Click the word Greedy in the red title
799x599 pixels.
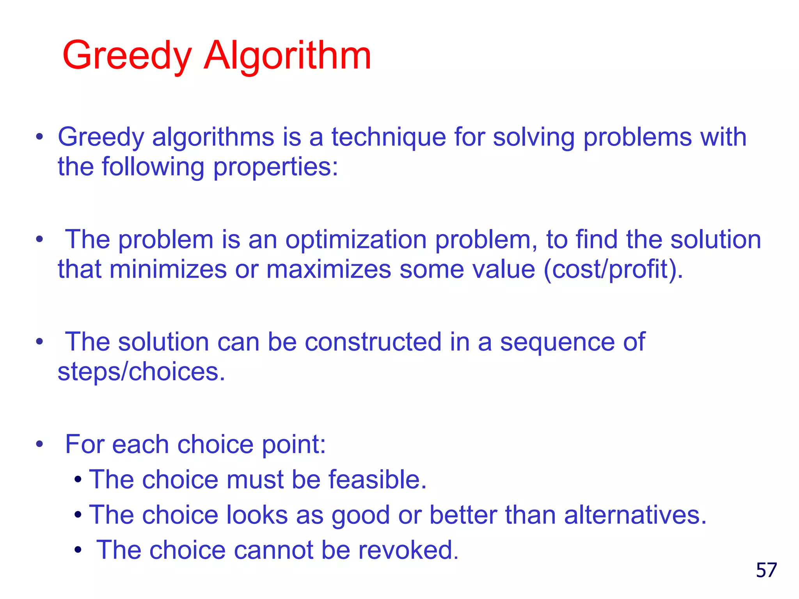(127, 56)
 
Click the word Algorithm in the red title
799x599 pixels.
(287, 56)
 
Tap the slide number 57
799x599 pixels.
(766, 570)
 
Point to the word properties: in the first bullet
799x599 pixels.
(275, 167)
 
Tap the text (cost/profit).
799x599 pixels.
(613, 269)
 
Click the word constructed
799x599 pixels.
(373, 342)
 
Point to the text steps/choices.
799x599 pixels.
(141, 372)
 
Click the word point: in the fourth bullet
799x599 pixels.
(293, 444)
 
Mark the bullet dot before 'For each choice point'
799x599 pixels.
(39, 444)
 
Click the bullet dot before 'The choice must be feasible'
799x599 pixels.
(78, 480)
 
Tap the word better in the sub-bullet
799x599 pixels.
(463, 515)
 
